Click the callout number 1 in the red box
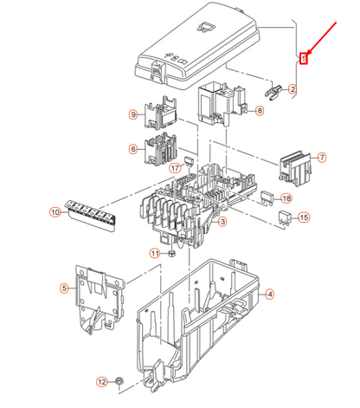pos(303,59)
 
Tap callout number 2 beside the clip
pos(292,89)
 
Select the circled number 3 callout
pos(223,223)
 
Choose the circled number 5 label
pos(64,288)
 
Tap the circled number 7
pos(322,157)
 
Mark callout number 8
pos(259,111)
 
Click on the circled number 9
pos(134,115)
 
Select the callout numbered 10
pos(55,212)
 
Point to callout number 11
pos(156,254)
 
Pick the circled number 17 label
pos(175,168)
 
